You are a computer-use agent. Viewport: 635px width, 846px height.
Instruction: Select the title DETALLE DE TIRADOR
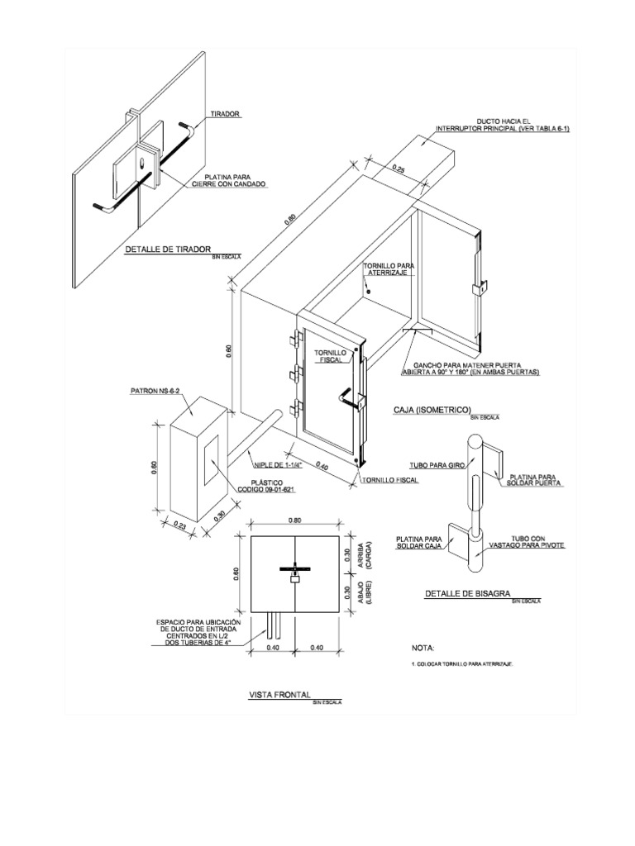tap(168, 249)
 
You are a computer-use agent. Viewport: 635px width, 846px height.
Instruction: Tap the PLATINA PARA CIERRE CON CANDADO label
tap(236, 181)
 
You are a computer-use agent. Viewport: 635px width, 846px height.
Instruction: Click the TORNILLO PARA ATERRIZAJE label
tap(387, 269)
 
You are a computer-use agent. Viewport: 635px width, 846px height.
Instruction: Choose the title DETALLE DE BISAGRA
tap(467, 593)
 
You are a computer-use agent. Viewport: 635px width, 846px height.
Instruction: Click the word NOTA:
tap(423, 649)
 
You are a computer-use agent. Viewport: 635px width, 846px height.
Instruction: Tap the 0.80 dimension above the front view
tap(295, 521)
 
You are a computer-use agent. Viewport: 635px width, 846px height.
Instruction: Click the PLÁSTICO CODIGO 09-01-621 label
tap(267, 485)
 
